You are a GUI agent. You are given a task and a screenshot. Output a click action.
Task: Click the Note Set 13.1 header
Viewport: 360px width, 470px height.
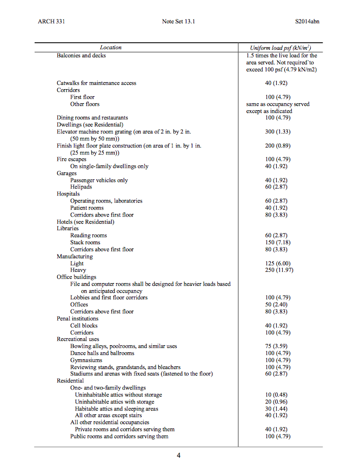click(178, 22)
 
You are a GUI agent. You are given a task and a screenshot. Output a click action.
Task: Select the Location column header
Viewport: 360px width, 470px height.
click(111, 48)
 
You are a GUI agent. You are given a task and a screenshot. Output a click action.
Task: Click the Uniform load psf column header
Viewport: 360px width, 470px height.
click(280, 48)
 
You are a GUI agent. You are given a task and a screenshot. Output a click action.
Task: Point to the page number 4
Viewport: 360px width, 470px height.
click(179, 455)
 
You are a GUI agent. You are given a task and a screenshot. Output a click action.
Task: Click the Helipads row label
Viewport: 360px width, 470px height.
click(81, 187)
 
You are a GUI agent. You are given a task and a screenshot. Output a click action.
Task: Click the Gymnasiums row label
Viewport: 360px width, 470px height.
click(86, 360)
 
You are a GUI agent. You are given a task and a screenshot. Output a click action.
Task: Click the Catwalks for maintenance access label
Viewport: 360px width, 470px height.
click(96, 83)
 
